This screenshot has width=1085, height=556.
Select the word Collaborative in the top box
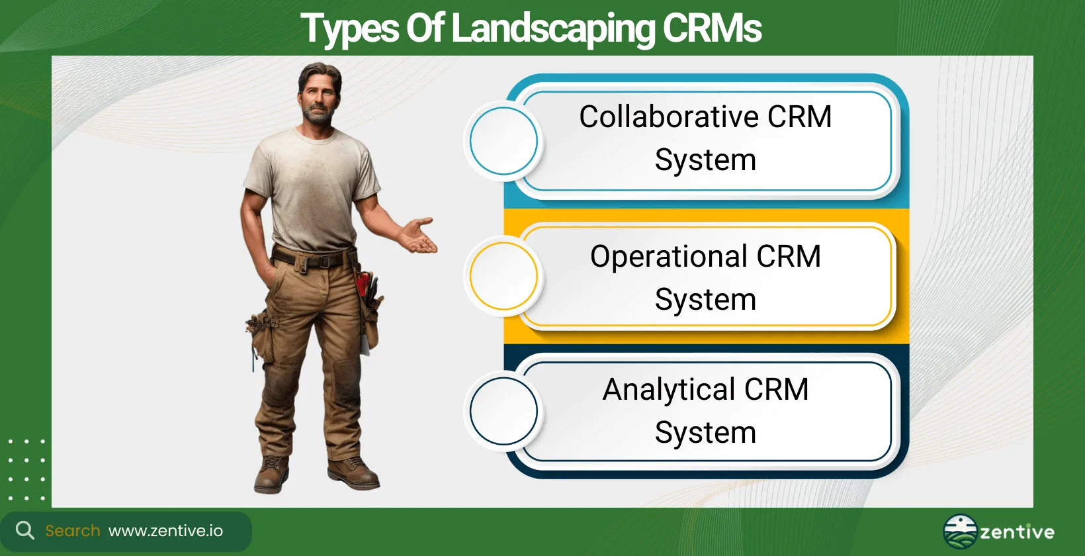668,117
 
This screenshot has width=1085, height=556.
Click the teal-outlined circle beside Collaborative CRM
503,141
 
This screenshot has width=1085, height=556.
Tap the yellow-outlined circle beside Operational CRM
503,276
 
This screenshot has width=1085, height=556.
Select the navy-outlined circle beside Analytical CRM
503,411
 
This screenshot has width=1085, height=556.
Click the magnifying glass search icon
24,530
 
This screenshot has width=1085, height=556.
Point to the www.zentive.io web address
165,531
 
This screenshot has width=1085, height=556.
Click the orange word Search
73,531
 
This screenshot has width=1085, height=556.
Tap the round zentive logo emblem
960,532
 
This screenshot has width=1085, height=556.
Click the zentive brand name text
1017,532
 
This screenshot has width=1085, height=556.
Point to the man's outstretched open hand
419,236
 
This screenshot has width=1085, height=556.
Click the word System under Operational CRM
705,300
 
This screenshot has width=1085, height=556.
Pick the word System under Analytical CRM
705,433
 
